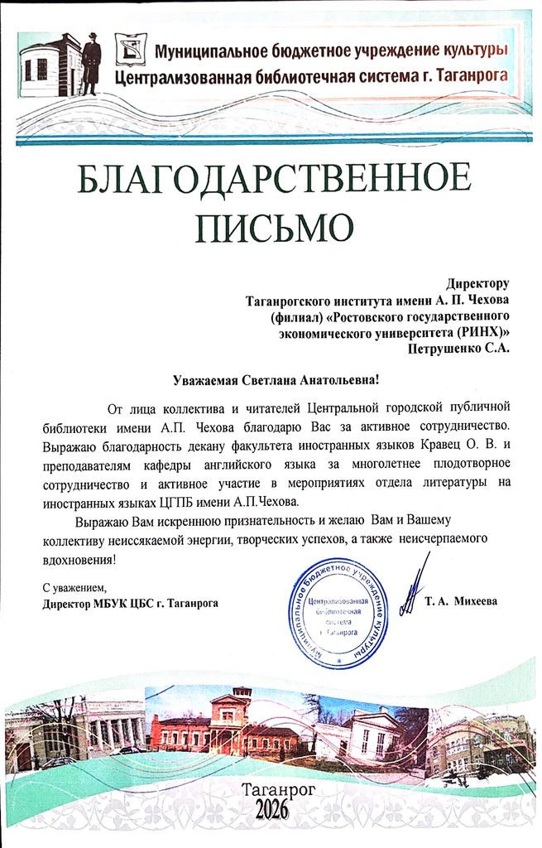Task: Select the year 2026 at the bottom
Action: (x=265, y=810)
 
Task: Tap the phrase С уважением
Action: (x=74, y=587)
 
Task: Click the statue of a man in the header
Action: (x=91, y=62)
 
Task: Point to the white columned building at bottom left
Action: (x=112, y=726)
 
